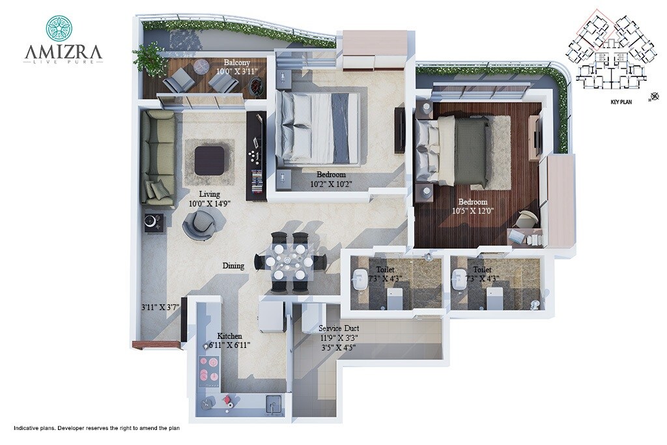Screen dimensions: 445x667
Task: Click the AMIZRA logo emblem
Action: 59,28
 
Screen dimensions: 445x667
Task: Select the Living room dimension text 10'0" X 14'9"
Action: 210,203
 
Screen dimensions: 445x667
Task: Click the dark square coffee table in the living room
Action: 209,160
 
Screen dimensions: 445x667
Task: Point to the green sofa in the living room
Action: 158,157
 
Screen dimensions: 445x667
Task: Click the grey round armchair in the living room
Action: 199,225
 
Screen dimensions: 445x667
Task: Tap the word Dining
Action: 233,266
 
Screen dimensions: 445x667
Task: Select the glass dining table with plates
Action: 291,261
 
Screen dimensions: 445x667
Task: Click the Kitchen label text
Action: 230,336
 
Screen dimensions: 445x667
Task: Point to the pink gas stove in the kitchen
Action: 210,368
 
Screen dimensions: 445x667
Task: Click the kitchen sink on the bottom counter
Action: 274,403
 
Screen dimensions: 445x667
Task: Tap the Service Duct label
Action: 339,329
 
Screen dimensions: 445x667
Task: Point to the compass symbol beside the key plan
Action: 654,98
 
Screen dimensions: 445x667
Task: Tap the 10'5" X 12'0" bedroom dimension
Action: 474,210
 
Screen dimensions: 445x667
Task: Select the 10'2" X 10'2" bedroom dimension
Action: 331,184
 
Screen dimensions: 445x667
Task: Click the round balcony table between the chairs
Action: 201,65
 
